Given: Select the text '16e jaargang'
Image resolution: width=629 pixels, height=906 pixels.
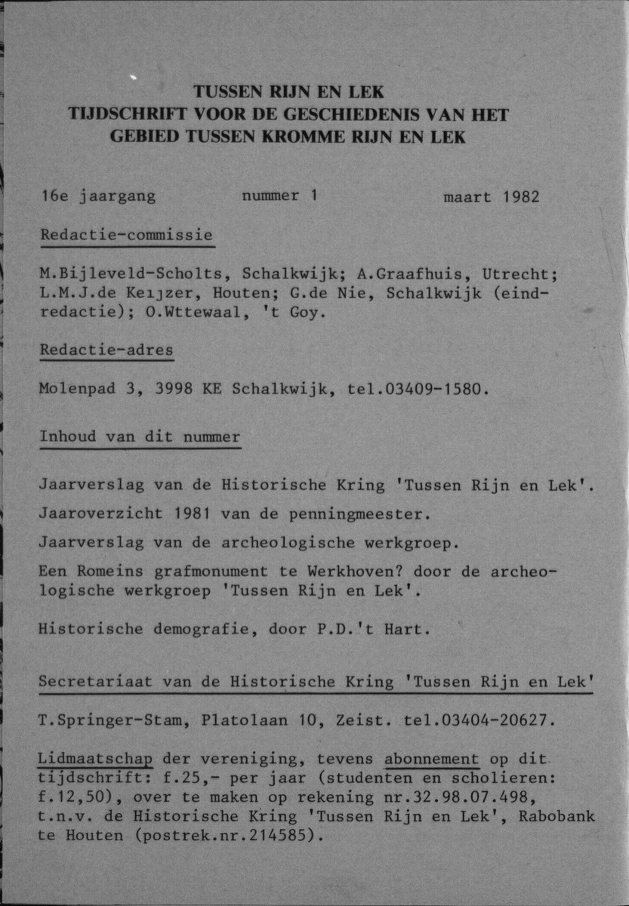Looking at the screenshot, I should [x=98, y=197].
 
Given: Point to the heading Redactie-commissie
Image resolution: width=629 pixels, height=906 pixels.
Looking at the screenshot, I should [x=126, y=235].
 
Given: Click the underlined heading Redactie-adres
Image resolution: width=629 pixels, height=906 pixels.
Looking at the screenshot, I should [x=106, y=350].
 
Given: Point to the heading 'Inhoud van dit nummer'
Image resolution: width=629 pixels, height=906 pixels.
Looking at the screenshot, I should [x=140, y=437].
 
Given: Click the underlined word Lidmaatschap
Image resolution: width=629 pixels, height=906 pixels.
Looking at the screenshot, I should [x=96, y=759].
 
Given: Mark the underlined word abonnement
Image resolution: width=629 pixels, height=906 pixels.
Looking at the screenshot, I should [x=432, y=759].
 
